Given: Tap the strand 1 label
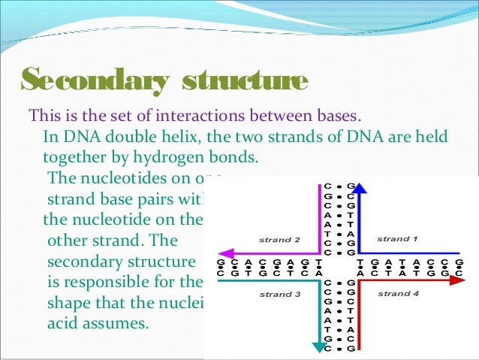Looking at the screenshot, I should coord(397,239).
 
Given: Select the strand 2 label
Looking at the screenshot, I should coord(279,240).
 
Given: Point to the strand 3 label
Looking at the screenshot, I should coord(279,295).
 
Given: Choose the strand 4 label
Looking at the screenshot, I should coord(397,292).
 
